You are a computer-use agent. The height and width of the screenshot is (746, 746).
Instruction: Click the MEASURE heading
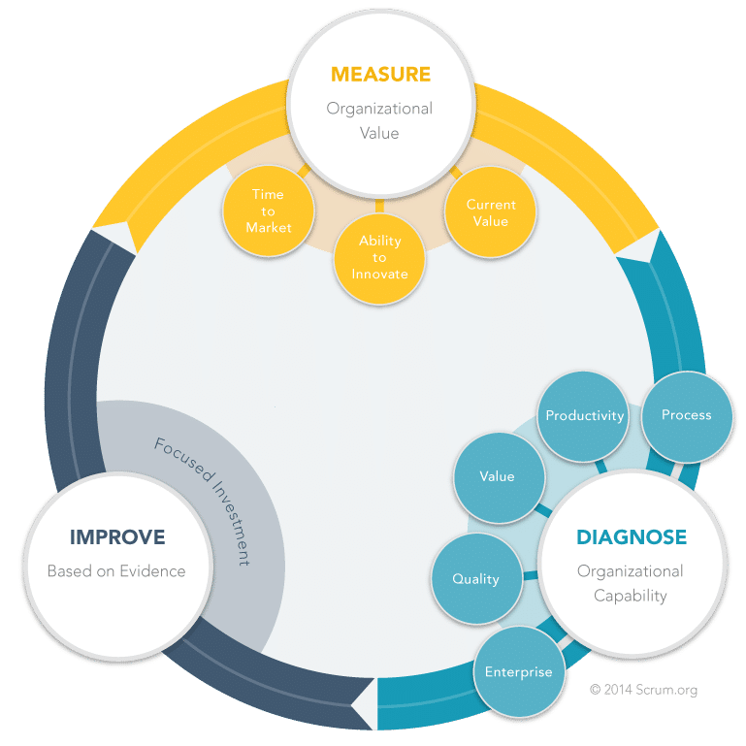[380, 75]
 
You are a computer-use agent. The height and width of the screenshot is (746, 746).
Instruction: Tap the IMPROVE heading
[117, 537]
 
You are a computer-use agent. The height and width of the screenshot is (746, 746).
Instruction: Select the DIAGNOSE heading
[632, 537]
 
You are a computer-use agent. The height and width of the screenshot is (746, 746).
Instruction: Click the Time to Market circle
[269, 211]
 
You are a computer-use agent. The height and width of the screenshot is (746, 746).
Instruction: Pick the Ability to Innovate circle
[379, 258]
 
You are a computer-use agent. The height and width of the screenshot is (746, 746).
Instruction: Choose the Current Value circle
[491, 212]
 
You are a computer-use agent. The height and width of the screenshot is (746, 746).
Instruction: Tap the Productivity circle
[583, 416]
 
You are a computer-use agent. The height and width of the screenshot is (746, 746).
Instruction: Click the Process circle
[687, 416]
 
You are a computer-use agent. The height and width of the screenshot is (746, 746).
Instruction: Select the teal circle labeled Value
[499, 477]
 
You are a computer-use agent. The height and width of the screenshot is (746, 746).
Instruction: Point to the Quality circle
[476, 578]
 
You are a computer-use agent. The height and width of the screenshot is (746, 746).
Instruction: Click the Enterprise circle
[519, 671]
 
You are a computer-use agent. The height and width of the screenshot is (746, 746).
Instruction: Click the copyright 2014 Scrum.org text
[643, 690]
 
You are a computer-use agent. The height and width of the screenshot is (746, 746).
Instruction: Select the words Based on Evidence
[116, 571]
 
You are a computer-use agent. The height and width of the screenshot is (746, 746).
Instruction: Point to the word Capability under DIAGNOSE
[631, 596]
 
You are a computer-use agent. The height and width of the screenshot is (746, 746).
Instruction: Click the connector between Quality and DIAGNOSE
[531, 575]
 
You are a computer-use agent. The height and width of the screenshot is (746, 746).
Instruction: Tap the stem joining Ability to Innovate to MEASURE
[379, 206]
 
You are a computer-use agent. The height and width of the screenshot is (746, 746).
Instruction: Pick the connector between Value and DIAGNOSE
[543, 510]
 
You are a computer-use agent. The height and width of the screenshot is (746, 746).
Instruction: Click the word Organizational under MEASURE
[379, 109]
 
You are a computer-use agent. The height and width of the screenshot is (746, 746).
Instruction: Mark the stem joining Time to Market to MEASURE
[304, 171]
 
